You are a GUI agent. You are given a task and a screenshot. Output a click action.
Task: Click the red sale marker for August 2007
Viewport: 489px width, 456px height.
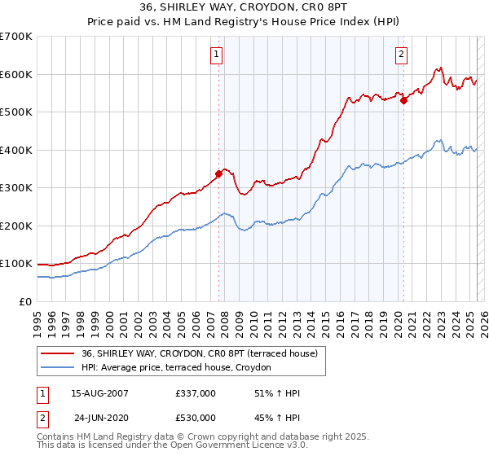tap(218, 173)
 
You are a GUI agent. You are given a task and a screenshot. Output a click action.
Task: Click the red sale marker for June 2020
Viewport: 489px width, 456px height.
tap(403, 101)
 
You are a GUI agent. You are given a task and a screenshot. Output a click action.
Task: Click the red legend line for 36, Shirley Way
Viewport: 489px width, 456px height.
tap(57, 353)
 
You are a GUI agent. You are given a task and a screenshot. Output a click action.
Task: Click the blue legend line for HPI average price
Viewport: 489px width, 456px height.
tap(57, 368)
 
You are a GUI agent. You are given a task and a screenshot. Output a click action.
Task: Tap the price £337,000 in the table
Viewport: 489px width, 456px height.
tap(196, 393)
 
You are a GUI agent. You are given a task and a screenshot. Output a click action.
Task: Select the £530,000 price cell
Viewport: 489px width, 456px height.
tap(196, 418)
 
